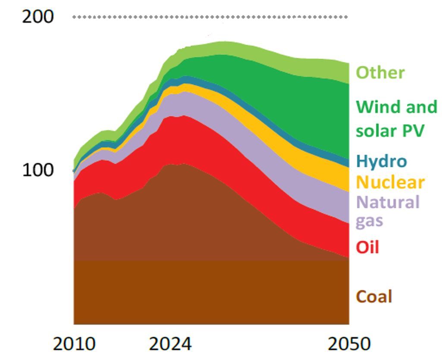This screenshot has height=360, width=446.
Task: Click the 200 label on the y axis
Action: point(38,17)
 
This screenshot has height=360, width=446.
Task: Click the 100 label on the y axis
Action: point(38,170)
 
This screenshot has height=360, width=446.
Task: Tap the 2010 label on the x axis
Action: point(74,344)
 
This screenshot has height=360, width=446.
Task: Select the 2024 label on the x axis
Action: point(170,344)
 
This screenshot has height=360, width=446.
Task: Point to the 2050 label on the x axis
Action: point(349,344)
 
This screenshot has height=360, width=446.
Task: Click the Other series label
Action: point(380,72)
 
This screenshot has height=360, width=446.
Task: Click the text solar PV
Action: point(390,130)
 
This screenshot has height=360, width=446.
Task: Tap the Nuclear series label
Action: point(390,182)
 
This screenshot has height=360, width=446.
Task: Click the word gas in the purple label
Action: point(369,221)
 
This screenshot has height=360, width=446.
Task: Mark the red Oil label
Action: point(367,247)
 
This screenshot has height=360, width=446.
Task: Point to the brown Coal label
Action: point(374,297)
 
